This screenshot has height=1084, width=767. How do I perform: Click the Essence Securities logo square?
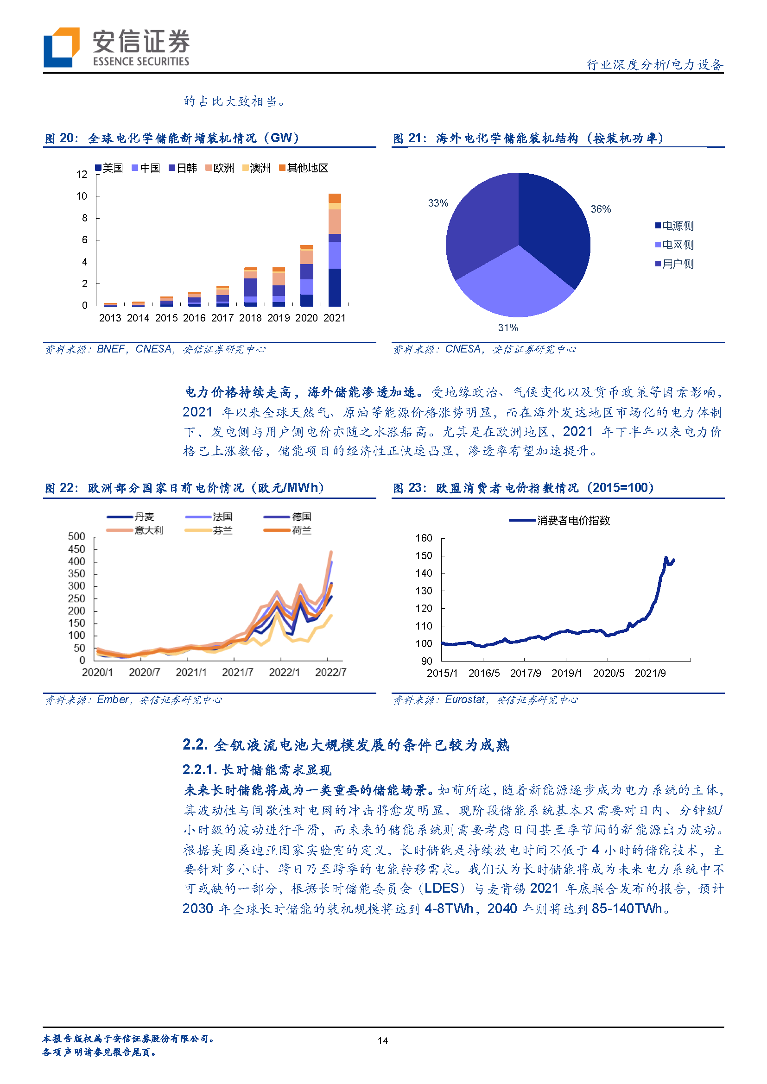pos(61,47)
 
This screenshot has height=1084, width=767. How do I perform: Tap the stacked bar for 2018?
pos(250,287)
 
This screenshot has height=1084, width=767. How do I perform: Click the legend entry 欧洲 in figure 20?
pos(220,168)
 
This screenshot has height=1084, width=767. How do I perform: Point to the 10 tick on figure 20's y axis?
pos(82,196)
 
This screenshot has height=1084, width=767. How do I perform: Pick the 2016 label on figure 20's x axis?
pos(194,318)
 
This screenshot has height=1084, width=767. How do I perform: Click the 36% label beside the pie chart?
pos(600,209)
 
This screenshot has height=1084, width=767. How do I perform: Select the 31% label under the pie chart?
pos(508,327)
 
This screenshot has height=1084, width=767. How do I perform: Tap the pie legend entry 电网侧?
pos(674,245)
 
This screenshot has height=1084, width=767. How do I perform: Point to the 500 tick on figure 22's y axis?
pos(76,536)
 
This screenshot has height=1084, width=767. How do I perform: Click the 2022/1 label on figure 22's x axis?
pos(284,672)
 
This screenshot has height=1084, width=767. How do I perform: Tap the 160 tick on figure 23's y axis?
pos(424,538)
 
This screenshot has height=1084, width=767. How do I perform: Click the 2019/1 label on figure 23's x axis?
pos(567,673)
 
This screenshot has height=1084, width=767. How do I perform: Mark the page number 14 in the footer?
pos(383,1040)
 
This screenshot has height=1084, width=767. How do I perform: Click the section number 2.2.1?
pos(199,769)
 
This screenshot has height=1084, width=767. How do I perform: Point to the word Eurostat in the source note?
pos(465,699)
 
